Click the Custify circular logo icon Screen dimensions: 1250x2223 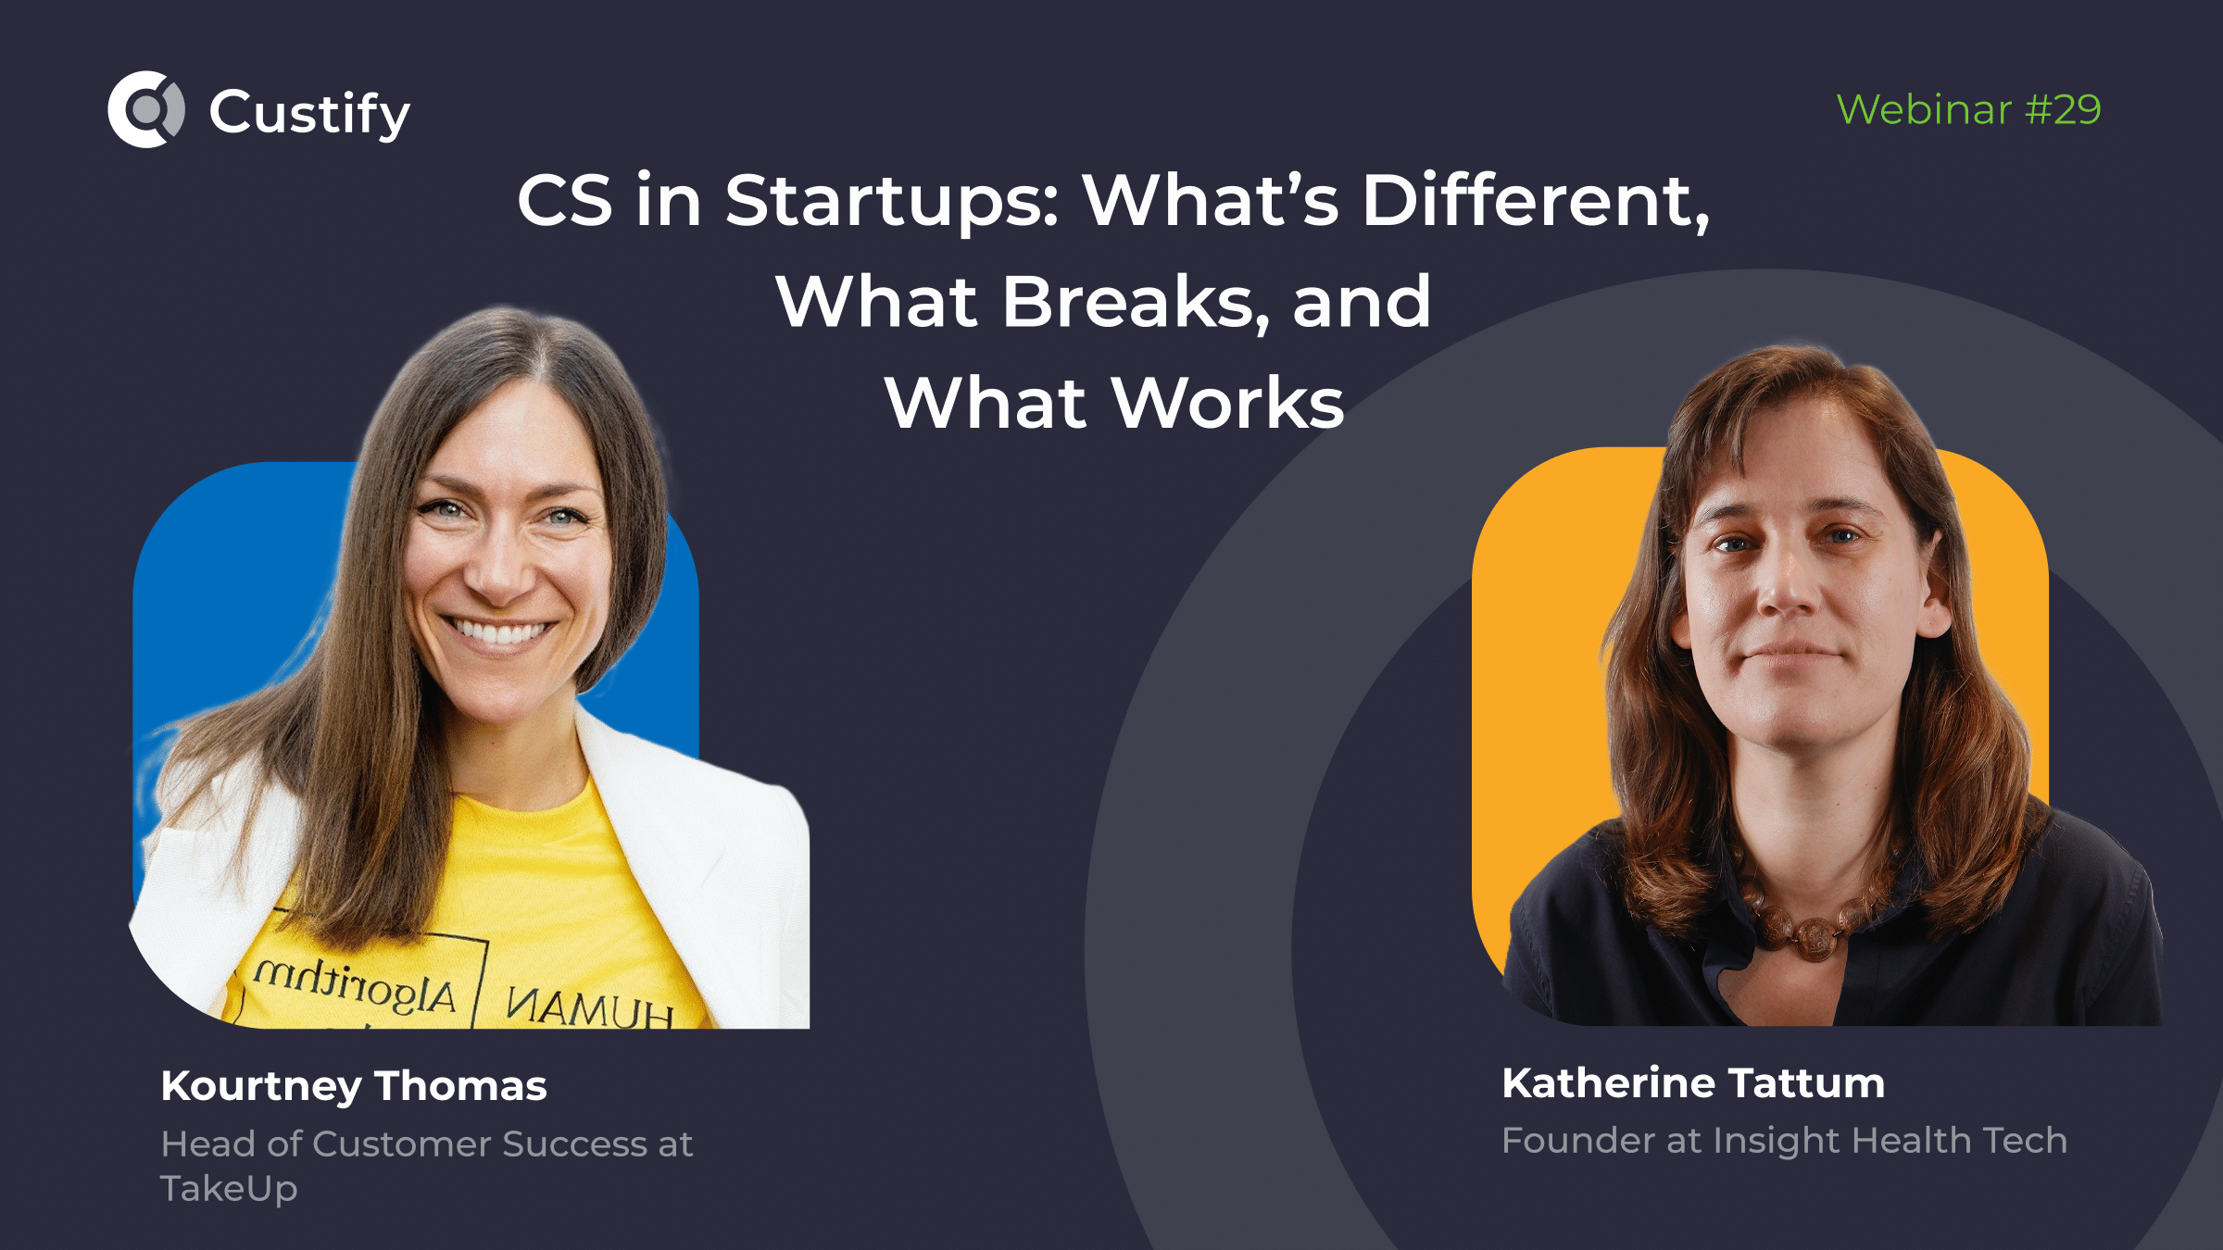click(146, 109)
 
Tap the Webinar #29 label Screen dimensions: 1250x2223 click(1968, 109)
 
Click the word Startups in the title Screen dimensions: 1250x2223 click(891, 201)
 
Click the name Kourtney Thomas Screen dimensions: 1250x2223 click(353, 1086)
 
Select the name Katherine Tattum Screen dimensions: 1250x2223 click(1693, 1083)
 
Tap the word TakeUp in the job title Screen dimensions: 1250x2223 click(229, 1188)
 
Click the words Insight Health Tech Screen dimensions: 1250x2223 click(1890, 1141)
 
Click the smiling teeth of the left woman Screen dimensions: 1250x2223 click(500, 633)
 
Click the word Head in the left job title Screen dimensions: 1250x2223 click(207, 1144)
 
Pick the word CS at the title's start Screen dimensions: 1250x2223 click(564, 201)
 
